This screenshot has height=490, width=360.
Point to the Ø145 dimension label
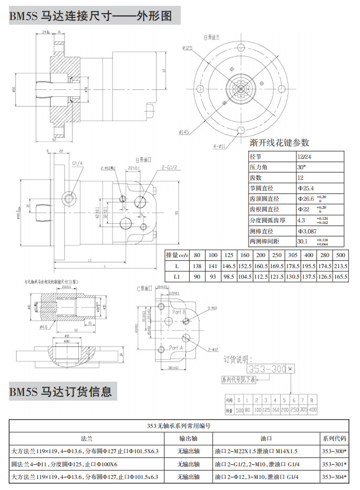tap(184, 131)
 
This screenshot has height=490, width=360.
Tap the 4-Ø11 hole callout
tap(220, 146)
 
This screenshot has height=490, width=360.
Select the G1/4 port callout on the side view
tap(77, 164)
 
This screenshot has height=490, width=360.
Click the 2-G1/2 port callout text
tap(171, 167)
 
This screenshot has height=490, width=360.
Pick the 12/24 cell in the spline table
tap(304, 157)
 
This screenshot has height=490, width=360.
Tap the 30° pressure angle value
tap(301, 167)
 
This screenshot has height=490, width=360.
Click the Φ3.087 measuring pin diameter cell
tap(307, 231)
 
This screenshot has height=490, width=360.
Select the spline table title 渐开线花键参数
tap(279, 142)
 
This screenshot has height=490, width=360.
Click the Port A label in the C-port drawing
tap(176, 348)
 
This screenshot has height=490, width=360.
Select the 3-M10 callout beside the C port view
tap(212, 308)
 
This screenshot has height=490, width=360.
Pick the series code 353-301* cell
tap(334, 464)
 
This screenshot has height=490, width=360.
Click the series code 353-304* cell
tap(334, 477)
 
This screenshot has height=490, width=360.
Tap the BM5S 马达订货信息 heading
tap(61, 392)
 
